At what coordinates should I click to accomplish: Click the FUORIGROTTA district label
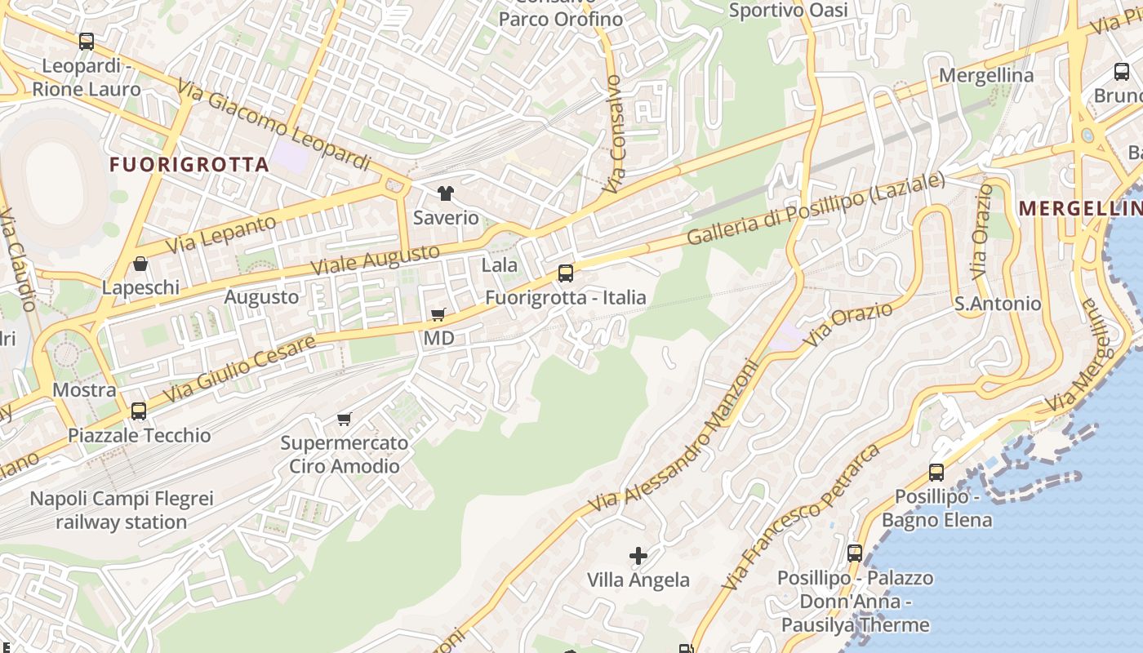(x=189, y=164)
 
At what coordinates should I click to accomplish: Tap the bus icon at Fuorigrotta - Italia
(x=566, y=273)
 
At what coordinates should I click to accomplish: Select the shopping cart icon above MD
(x=438, y=314)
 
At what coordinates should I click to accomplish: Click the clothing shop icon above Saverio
(x=445, y=193)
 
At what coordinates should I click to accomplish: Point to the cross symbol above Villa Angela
(x=638, y=556)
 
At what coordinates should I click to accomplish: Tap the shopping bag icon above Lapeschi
(x=140, y=264)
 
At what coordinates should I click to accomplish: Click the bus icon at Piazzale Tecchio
(x=139, y=411)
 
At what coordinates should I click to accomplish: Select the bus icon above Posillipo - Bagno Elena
(x=936, y=472)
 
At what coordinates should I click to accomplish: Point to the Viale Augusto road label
(x=376, y=259)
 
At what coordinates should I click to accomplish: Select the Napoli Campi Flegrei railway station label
(x=122, y=510)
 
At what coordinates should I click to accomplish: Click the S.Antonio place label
(x=998, y=304)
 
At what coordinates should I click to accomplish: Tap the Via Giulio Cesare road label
(x=239, y=370)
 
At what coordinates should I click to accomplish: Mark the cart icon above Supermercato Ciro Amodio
(x=344, y=420)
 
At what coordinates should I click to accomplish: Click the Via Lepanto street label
(x=221, y=234)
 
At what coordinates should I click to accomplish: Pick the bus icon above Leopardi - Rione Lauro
(x=87, y=41)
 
